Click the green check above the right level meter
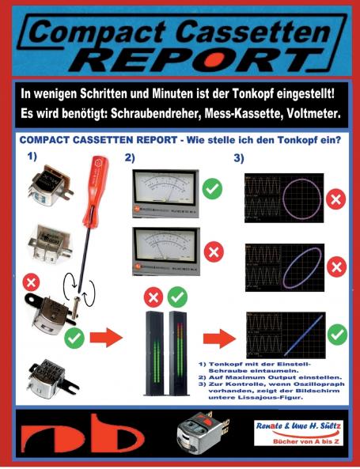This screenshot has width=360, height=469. pyautogui.click(x=178, y=297)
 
